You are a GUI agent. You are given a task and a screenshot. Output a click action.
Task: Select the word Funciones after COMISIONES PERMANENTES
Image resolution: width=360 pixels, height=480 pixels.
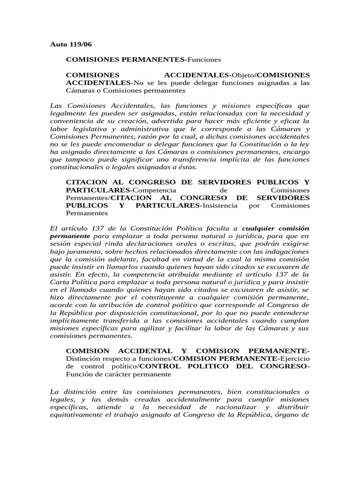tap(203, 60)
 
